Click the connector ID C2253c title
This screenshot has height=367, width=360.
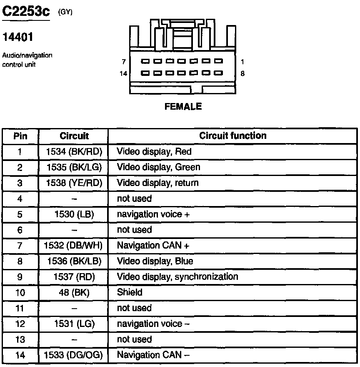tap(26, 12)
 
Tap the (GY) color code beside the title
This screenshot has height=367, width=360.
tap(65, 12)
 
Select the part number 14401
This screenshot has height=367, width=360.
tap(18, 38)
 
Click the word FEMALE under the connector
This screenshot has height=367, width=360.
tap(183, 107)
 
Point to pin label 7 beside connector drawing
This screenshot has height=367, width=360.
tap(124, 62)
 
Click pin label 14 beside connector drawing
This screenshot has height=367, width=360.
tap(122, 73)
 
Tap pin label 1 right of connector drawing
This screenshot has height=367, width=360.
tap(242, 62)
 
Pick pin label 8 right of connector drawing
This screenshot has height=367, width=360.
tap(242, 73)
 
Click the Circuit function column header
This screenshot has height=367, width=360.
tap(232, 136)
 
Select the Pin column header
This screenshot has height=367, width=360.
tap(20, 136)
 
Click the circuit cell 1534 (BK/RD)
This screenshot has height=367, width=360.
tap(74, 151)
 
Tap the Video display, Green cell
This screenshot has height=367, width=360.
tap(158, 167)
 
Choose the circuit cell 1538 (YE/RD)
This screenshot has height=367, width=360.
tap(74, 183)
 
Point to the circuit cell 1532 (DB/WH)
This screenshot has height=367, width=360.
tap(73, 246)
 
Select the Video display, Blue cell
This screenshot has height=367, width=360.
tap(155, 261)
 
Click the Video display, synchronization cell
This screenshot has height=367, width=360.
tap(177, 277)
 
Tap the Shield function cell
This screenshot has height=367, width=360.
tap(130, 292)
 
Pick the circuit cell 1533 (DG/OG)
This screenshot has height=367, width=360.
tap(73, 355)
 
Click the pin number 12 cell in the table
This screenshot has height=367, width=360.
tap(20, 324)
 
